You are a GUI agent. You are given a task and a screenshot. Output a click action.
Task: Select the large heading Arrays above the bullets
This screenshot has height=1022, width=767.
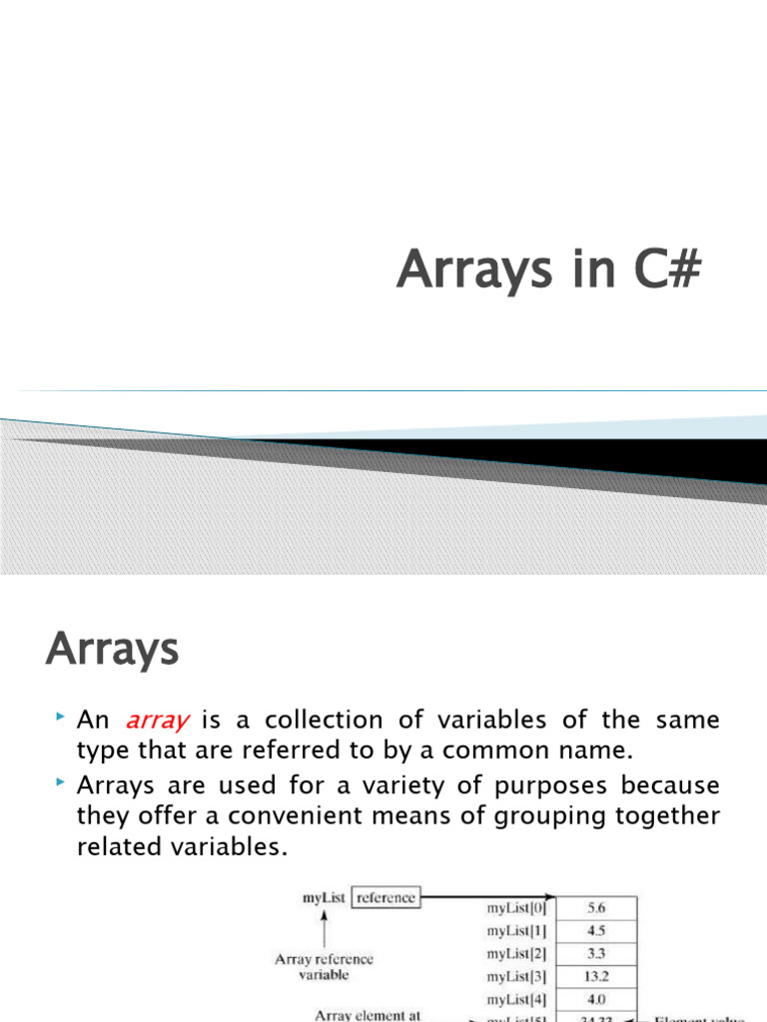point(112,651)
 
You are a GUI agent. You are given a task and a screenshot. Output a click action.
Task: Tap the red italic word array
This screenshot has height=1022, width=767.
point(159,721)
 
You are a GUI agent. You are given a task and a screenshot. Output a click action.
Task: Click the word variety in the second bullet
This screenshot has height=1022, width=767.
point(383,784)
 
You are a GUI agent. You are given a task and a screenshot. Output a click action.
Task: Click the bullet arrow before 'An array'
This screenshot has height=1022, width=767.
point(60,719)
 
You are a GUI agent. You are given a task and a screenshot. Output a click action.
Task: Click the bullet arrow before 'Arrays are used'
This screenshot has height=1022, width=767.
point(60,782)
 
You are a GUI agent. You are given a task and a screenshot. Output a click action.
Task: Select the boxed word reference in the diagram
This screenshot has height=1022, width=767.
point(386,898)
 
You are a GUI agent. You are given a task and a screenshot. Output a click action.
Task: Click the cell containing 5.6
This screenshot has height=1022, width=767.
point(595,908)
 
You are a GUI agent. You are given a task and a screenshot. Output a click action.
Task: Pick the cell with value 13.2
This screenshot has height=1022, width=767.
point(595,976)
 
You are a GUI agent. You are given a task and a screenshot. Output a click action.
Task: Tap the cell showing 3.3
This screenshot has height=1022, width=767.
point(595,953)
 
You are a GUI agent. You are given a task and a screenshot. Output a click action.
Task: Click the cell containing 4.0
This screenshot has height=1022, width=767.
point(595,998)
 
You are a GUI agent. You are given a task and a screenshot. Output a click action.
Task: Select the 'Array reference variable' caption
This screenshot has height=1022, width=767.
point(324,966)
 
